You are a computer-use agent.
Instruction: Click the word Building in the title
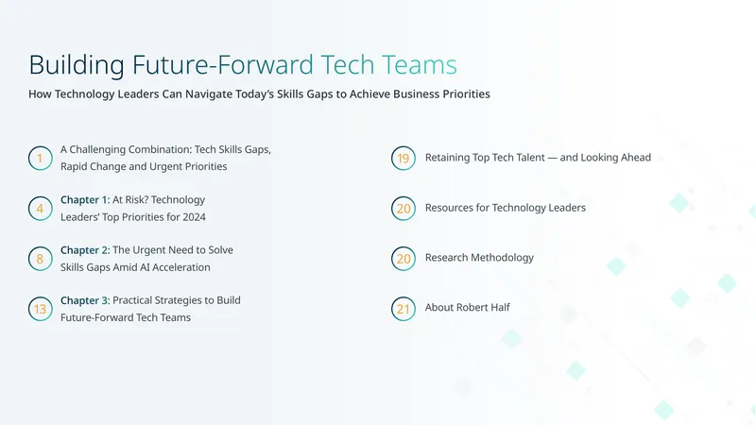coord(77,65)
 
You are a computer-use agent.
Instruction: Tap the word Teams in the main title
coord(419,65)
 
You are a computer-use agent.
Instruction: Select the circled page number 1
coord(40,158)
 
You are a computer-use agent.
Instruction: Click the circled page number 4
coord(40,208)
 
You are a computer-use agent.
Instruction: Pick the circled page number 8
coord(40,259)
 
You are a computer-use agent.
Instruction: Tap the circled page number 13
coord(40,309)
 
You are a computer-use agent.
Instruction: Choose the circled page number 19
coord(404,158)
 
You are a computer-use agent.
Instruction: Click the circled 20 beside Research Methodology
coord(404,259)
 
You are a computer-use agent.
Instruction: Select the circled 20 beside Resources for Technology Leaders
coord(404,208)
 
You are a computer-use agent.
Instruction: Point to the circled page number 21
coord(404,309)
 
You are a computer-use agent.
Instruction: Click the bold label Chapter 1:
coord(85,200)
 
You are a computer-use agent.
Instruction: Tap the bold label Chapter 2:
coord(85,250)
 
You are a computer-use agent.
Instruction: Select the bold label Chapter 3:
coord(85,300)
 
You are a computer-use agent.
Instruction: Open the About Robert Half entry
coord(467,308)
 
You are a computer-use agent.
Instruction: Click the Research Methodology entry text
coord(479,258)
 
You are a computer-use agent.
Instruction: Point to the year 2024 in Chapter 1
coord(195,217)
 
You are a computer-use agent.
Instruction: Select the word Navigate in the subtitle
coord(208,93)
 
